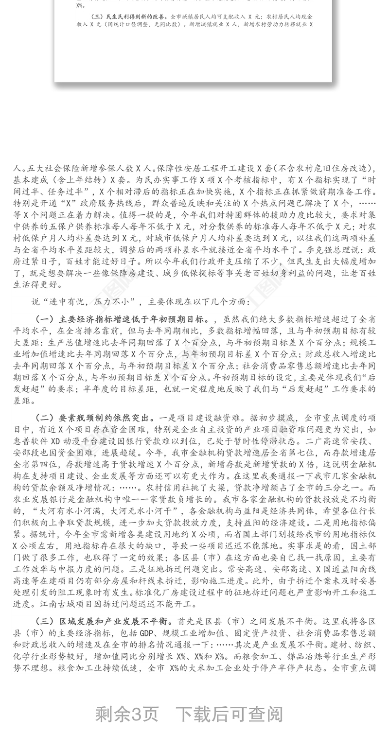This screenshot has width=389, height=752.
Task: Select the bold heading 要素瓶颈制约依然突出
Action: coord(104,418)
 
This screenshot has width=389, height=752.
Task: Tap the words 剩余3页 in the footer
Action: coord(127,714)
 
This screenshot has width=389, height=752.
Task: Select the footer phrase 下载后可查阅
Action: coord(229,714)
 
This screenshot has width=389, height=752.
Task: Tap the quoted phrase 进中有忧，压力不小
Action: coord(86,302)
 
